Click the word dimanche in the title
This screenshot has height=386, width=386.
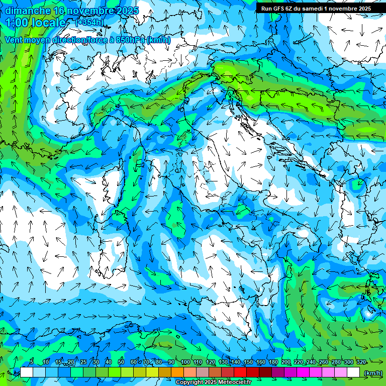click(28, 11)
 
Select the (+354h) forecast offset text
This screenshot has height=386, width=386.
click(89, 22)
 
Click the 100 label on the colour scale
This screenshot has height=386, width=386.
click(185, 362)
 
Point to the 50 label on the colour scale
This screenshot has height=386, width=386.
click(121, 362)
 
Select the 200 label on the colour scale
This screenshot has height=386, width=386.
click(286, 362)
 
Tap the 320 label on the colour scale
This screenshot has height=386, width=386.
click(361, 362)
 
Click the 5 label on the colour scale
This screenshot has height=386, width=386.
click(32, 362)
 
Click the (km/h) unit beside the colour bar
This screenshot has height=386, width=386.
click(372, 373)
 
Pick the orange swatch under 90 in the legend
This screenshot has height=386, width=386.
click(177, 372)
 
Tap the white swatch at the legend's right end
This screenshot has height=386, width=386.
click(354, 372)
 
